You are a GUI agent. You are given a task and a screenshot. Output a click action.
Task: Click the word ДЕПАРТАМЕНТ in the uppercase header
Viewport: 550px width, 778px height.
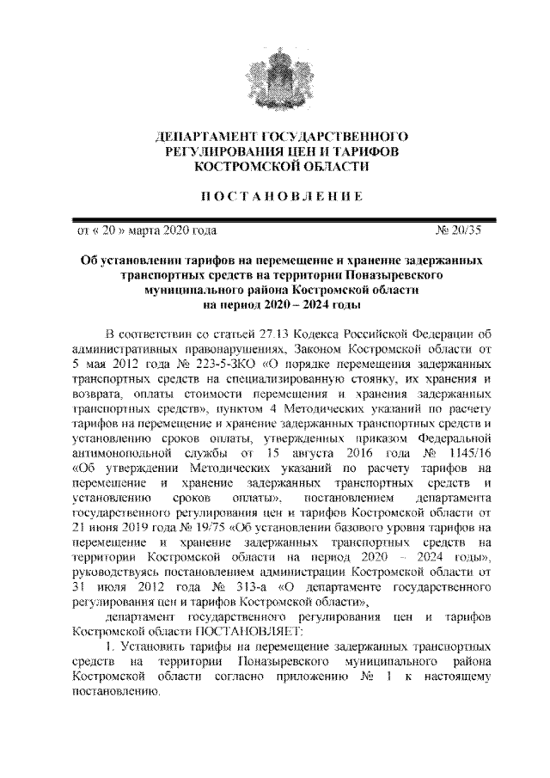coord(199,137)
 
